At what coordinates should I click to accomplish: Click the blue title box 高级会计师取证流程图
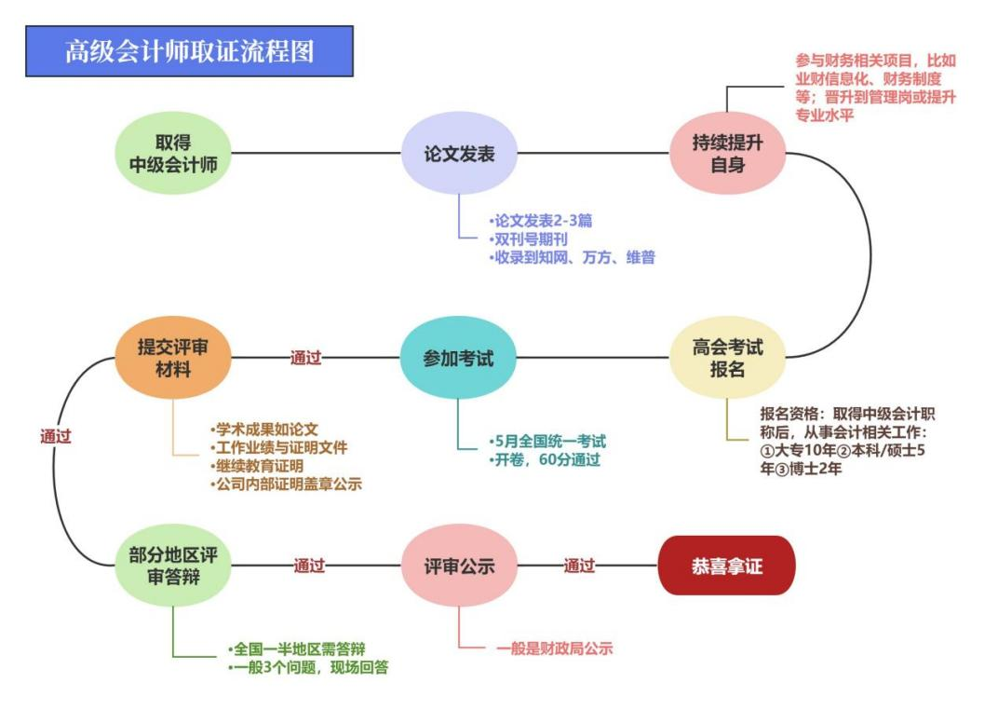point(190,51)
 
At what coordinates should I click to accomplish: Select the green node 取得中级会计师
point(172,154)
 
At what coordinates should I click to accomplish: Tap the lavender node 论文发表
point(458,154)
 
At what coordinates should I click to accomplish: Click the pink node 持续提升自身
point(727,154)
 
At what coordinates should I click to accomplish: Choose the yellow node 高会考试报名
point(727,358)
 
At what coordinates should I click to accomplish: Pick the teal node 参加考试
point(458,358)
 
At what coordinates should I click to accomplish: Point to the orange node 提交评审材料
point(172,358)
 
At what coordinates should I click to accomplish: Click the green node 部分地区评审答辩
point(172,566)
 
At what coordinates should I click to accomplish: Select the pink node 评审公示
point(458,566)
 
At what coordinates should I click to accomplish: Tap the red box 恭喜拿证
point(726,566)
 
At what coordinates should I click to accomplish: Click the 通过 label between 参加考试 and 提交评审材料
point(305,358)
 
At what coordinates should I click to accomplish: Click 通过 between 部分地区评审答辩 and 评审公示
point(309,566)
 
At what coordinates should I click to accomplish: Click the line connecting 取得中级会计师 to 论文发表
point(317,154)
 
